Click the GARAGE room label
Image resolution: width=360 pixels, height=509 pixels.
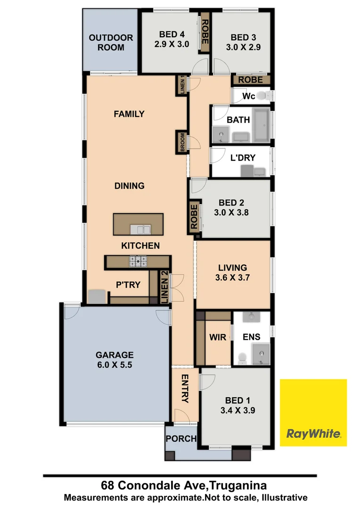115,355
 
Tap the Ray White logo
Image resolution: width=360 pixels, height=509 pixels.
313,412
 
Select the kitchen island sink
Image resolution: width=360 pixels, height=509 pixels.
141,230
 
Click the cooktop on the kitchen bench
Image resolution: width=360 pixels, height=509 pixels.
138,261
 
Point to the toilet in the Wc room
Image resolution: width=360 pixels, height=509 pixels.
267,96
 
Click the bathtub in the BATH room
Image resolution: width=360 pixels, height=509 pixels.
261,126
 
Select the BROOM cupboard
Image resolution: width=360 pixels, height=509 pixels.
182,142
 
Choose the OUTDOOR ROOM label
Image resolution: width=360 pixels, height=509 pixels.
111,42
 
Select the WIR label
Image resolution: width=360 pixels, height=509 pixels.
217,337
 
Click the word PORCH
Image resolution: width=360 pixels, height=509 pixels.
181,439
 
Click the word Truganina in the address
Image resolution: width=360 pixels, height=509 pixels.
234,485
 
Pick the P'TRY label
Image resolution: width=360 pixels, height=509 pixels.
126,285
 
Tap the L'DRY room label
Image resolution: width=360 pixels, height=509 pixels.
243,157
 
